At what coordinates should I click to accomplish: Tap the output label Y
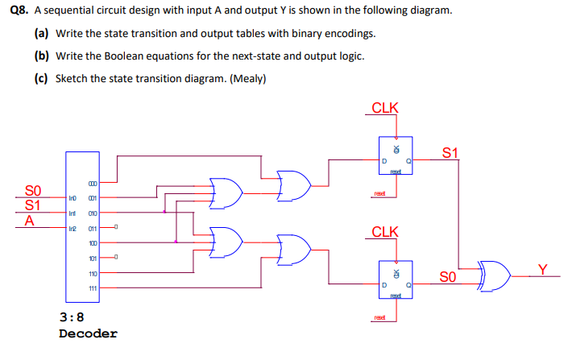pyautogui.click(x=545, y=268)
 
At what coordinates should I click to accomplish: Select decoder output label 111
pyautogui.click(x=93, y=288)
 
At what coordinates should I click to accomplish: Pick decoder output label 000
pyautogui.click(x=93, y=181)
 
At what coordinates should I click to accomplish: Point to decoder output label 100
pyautogui.click(x=93, y=242)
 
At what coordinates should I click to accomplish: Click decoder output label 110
pyautogui.click(x=93, y=274)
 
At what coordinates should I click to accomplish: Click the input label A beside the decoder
pyautogui.click(x=30, y=220)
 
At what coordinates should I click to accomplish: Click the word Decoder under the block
pyautogui.click(x=88, y=333)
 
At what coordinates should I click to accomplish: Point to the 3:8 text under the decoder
pyautogui.click(x=72, y=317)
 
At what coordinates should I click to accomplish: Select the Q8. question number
pyautogui.click(x=17, y=12)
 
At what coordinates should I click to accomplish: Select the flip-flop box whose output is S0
pyautogui.click(x=396, y=279)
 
